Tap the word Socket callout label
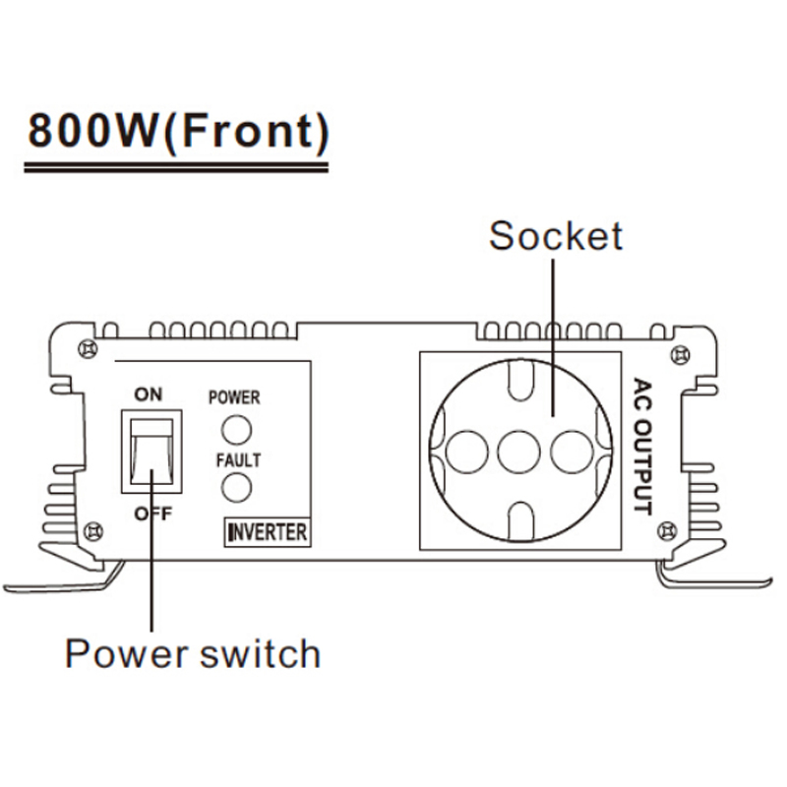click(556, 236)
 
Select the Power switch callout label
click(193, 652)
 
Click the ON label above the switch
click(149, 394)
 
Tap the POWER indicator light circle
click(235, 429)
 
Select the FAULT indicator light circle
click(235, 488)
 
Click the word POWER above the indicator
click(234, 397)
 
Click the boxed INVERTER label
click(267, 532)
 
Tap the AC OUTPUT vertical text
click(642, 447)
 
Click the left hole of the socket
click(466, 453)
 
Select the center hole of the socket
click(518, 453)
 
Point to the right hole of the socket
click(572, 453)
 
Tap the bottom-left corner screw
click(93, 531)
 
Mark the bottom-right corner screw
click(672, 532)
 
